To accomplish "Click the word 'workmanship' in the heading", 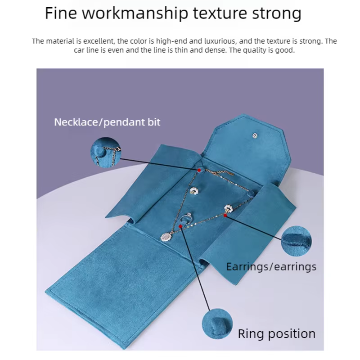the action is (135, 13).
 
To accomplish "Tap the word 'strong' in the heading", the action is (277, 13).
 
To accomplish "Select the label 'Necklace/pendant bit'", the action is (107, 122).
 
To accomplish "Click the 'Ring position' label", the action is (276, 333).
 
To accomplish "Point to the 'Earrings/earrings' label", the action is (271, 267).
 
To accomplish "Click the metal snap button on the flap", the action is (255, 136).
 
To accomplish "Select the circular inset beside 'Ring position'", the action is (217, 324).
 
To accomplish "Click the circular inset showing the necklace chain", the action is (106, 152).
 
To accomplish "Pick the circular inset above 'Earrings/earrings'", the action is (296, 241).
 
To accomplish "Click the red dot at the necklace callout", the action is (199, 171).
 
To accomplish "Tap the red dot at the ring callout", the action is (181, 226).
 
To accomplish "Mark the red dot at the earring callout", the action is (225, 216).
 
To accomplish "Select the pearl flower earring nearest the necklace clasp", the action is (194, 191).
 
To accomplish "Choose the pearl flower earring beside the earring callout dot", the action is (228, 208).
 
